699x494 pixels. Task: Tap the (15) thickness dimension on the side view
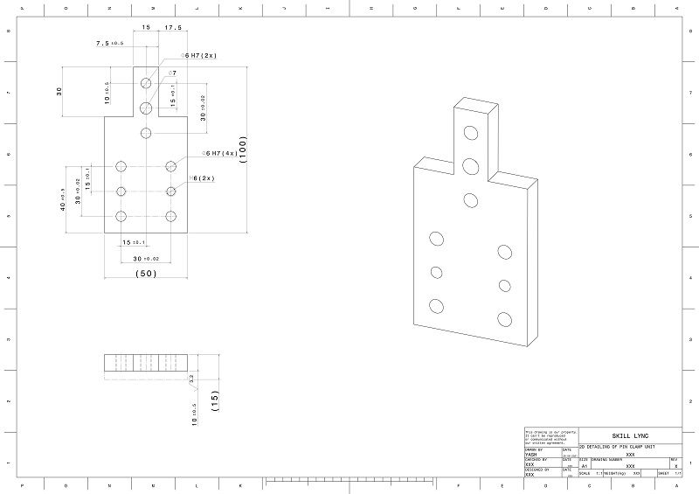click(214, 400)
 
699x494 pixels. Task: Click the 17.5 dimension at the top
click(173, 27)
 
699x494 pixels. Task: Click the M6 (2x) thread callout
click(203, 178)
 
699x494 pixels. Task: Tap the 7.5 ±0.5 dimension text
click(110, 42)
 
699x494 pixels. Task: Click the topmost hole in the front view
click(146, 82)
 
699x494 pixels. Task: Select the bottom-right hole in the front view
click(171, 216)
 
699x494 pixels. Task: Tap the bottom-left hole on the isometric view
click(435, 305)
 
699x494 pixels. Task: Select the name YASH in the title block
click(530, 456)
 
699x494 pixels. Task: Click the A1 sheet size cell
click(585, 466)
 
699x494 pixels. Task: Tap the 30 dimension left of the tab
click(60, 91)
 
